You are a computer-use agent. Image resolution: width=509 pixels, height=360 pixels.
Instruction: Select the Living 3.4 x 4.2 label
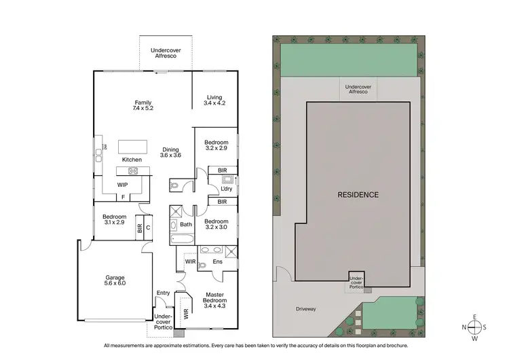point(215,101)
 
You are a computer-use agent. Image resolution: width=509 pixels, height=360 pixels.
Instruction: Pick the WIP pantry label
point(123,185)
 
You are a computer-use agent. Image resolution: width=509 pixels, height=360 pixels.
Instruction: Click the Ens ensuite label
point(217,261)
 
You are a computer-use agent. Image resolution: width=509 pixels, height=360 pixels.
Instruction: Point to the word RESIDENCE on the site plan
point(358,194)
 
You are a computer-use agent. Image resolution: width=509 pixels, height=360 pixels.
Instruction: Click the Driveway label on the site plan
point(305,309)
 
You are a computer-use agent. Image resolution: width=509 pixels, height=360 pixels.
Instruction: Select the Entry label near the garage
point(164,293)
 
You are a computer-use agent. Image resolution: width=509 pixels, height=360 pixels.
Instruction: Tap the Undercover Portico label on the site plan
point(357,282)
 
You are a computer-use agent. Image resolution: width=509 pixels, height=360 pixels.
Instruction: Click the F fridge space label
point(123,198)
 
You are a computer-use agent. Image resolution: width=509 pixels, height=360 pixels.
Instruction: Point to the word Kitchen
point(132,160)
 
